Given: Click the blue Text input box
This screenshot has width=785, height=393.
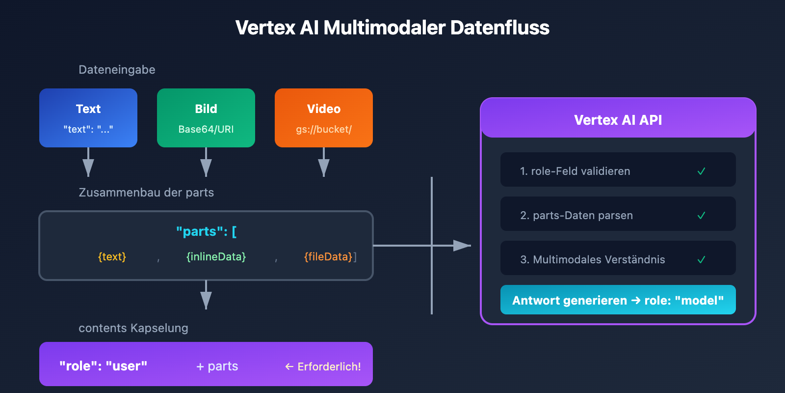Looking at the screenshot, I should [88, 118].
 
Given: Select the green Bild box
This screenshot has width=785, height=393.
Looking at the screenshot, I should [206, 118].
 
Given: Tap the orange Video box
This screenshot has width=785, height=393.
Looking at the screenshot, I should [324, 118].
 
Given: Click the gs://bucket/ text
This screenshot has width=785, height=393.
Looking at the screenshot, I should [324, 130].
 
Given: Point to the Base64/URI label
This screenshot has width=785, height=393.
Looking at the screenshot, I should [206, 130].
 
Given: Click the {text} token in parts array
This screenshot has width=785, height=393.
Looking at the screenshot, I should [112, 257].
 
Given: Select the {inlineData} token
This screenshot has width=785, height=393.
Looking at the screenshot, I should [216, 257].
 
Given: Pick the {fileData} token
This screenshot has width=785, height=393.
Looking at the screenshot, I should [328, 257].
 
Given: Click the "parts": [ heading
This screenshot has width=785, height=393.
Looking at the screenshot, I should [206, 231].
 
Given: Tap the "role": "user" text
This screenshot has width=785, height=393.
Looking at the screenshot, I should [103, 366].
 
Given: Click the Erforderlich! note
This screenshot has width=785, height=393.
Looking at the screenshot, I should [323, 366].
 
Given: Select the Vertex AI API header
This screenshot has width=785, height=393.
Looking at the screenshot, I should [618, 120].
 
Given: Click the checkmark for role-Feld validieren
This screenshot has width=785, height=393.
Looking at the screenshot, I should [702, 171].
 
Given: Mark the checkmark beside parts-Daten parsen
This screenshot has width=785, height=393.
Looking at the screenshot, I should [702, 216].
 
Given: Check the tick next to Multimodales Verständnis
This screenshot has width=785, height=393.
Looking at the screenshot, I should [702, 260].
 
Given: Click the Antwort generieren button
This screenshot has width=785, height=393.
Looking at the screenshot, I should [618, 300].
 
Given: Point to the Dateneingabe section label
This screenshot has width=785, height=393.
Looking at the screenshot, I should [117, 70].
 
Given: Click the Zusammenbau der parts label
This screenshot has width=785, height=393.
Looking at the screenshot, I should [146, 193].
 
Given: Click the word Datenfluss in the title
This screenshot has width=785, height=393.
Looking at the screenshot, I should [499, 28].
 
